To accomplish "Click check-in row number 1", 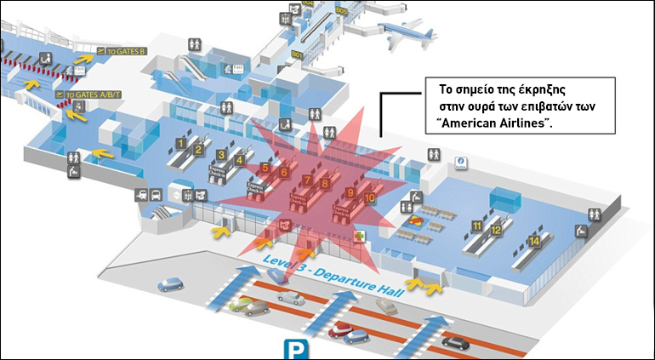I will (181, 142).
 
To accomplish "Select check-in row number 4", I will (240, 159).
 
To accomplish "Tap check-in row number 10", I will (369, 197).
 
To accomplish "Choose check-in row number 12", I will (494, 230).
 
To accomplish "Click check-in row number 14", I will (534, 241).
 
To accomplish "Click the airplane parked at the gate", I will (409, 35).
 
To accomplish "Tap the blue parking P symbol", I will (295, 349).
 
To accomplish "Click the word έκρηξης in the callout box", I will (541, 89).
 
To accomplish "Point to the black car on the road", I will (455, 342).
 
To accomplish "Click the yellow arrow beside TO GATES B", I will (84, 57).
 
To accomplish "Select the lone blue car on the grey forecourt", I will (173, 283).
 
